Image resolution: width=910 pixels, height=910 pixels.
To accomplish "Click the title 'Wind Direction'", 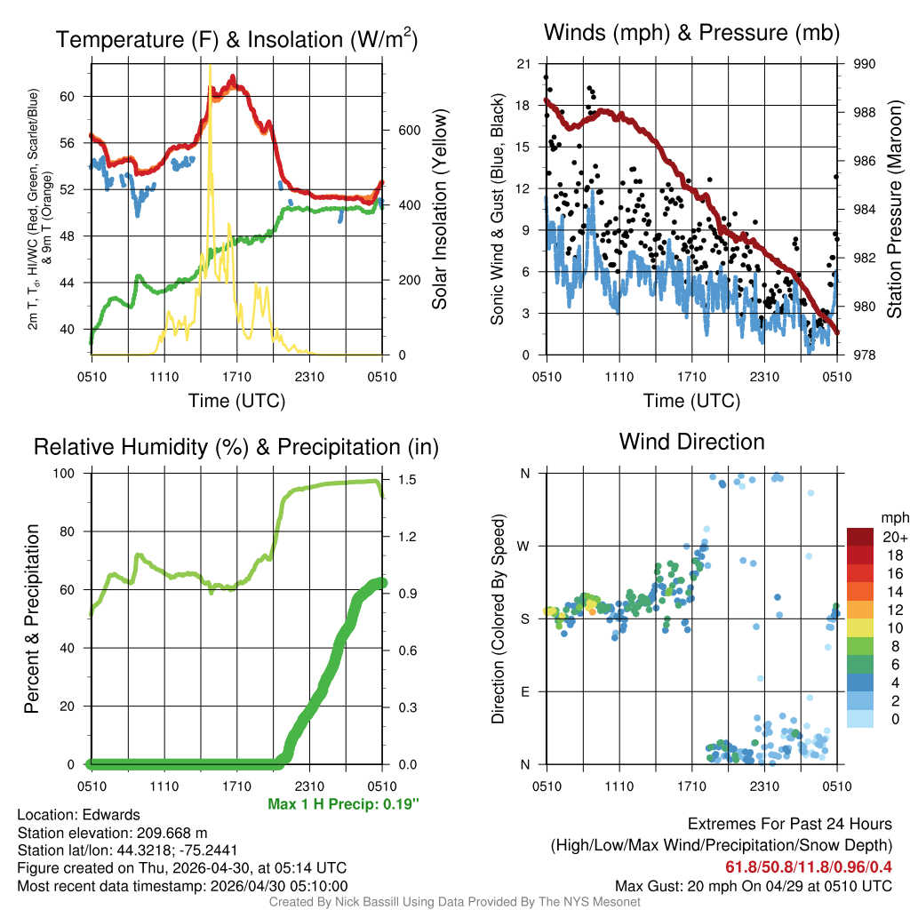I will pos(691,442).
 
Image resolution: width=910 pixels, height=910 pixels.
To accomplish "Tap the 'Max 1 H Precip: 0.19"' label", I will pos(343,804).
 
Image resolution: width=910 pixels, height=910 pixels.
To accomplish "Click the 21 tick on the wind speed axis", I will pos(523,64).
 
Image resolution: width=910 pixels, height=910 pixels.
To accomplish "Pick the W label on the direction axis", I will pos(523,546).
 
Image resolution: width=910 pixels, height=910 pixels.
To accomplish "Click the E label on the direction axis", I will pos(524,691).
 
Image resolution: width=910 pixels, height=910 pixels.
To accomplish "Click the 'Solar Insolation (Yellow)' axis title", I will pos(439,210).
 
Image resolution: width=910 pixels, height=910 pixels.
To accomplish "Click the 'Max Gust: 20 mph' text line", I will pos(754,886).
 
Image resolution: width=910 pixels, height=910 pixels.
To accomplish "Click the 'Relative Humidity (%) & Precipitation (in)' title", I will pos(235,447).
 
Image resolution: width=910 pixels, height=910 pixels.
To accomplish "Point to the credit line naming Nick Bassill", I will pos(454,902).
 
